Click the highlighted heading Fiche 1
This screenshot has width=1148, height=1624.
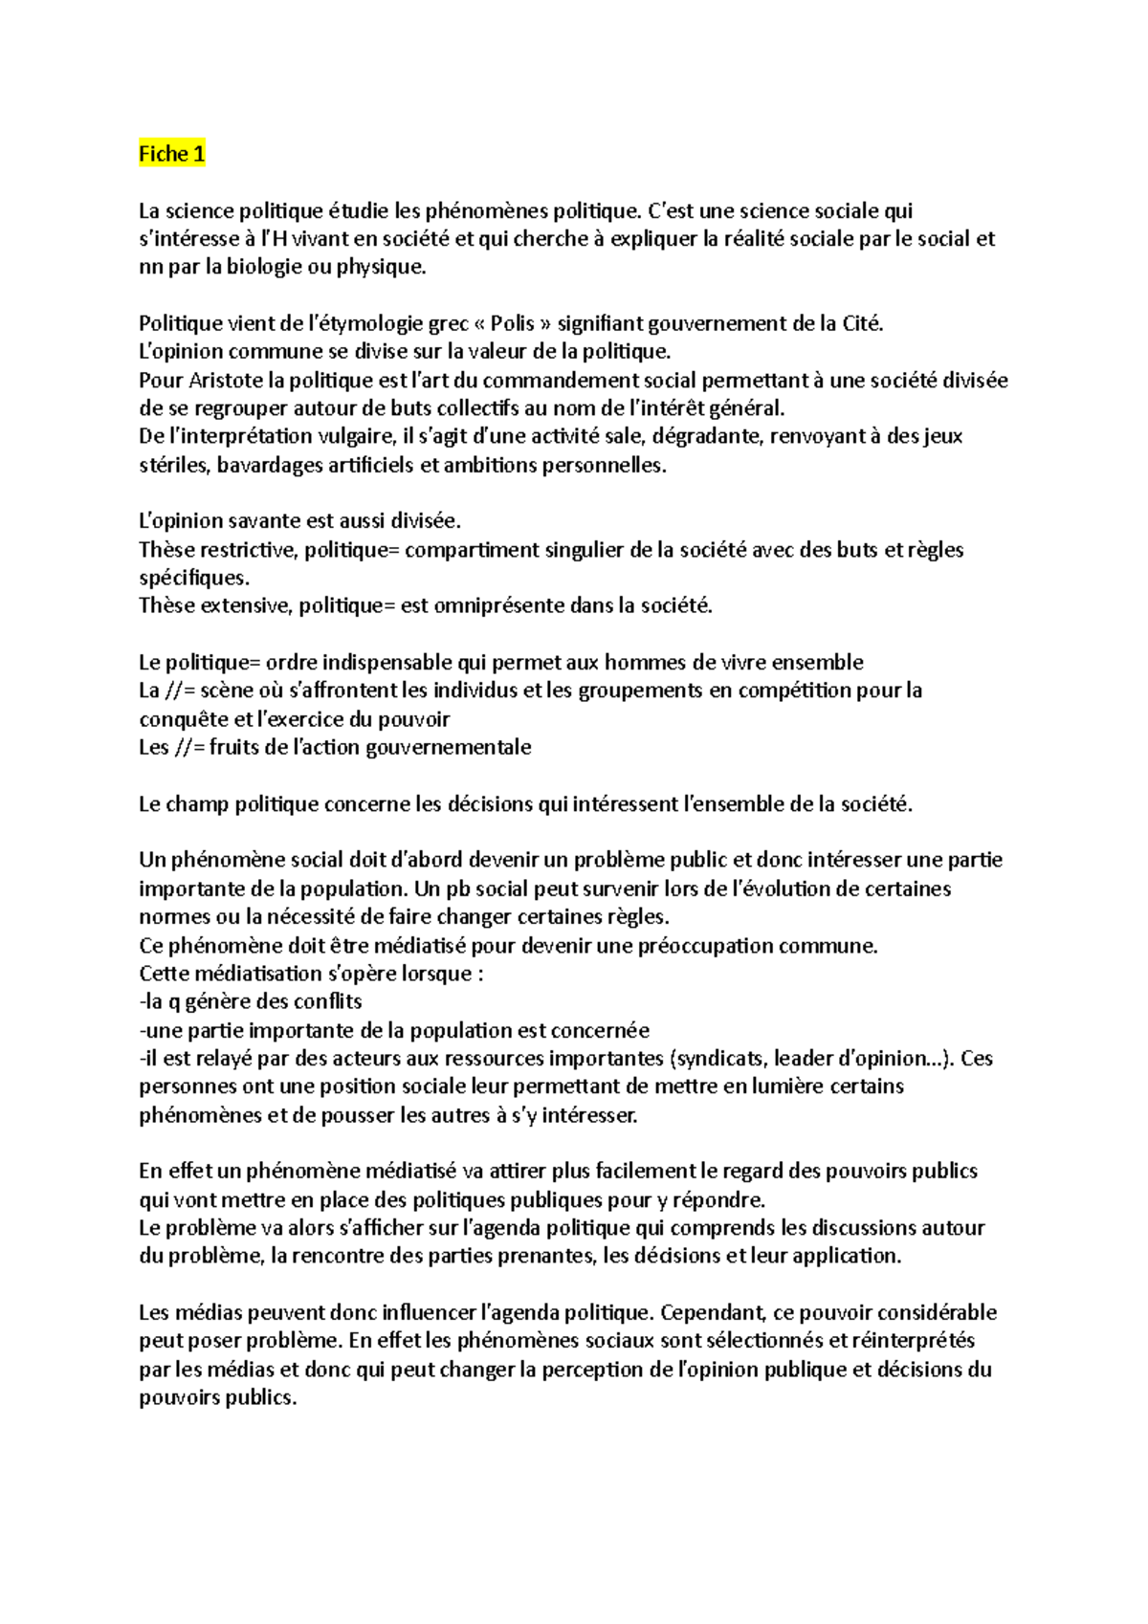coord(171,154)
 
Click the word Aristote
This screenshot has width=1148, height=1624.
coord(226,381)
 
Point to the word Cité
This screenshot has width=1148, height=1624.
coord(862,324)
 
